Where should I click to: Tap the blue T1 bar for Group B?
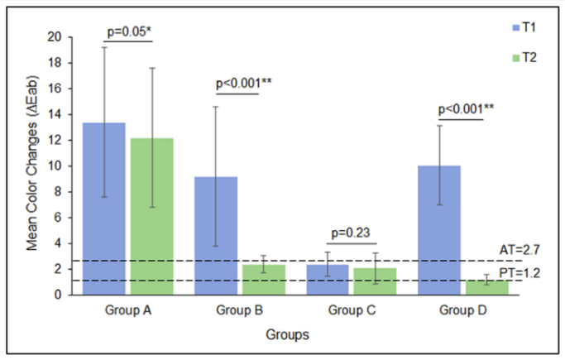click(216, 235)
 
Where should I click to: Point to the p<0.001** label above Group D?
click(462, 108)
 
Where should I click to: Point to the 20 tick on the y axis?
click(55, 37)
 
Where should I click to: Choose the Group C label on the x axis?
click(351, 312)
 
